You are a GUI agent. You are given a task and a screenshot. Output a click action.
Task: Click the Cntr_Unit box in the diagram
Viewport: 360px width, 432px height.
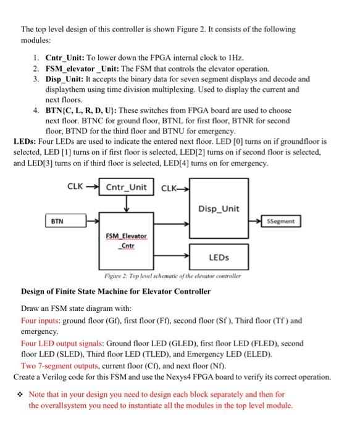pos(127,186)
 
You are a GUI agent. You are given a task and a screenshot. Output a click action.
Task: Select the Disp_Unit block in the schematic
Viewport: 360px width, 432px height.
pos(219,208)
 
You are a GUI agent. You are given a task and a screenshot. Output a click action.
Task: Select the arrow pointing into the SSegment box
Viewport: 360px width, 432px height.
pos(256,220)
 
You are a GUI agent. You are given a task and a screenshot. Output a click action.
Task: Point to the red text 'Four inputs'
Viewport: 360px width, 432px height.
pos(39,320)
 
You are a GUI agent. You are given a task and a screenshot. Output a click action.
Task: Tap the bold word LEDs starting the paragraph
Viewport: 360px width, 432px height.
pos(24,141)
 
